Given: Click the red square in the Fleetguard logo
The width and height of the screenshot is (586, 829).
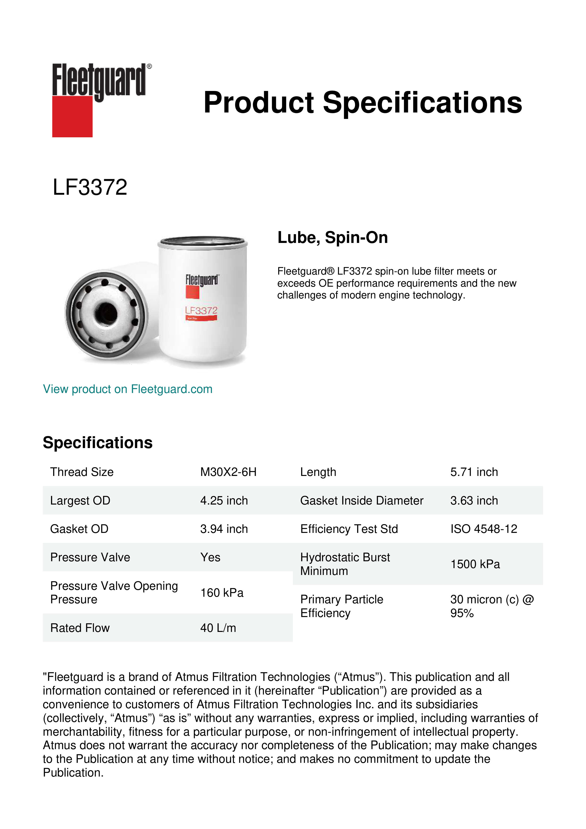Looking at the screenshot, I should pyautogui.click(x=72, y=116).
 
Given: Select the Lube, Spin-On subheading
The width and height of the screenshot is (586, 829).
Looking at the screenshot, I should pyautogui.click(x=332, y=237).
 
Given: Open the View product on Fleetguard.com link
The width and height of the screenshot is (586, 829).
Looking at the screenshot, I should pyautogui.click(x=127, y=389).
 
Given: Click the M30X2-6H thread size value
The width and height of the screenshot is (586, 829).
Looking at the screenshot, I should pyautogui.click(x=228, y=472).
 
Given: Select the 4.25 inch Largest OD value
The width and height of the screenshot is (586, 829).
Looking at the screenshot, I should pyautogui.click(x=224, y=501).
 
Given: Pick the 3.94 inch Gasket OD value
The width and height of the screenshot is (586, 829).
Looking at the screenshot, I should pyautogui.click(x=224, y=529).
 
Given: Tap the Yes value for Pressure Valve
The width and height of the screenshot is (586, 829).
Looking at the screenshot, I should pyautogui.click(x=210, y=557).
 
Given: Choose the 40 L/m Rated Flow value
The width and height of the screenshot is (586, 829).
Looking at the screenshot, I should pyautogui.click(x=218, y=628).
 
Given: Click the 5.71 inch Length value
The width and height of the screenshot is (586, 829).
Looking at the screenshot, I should pyautogui.click(x=474, y=472).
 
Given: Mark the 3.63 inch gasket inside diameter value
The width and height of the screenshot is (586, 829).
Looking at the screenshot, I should pyautogui.click(x=474, y=501).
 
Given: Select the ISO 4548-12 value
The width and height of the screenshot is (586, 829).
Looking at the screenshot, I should pyautogui.click(x=483, y=529).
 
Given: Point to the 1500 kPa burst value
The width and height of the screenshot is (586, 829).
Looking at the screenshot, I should pyautogui.click(x=475, y=564).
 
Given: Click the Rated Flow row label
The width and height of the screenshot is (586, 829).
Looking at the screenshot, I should pyautogui.click(x=80, y=628).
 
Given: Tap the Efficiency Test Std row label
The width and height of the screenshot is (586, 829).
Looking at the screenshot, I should pyautogui.click(x=349, y=529).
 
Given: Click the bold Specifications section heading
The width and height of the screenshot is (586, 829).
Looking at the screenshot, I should pyautogui.click(x=97, y=443).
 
